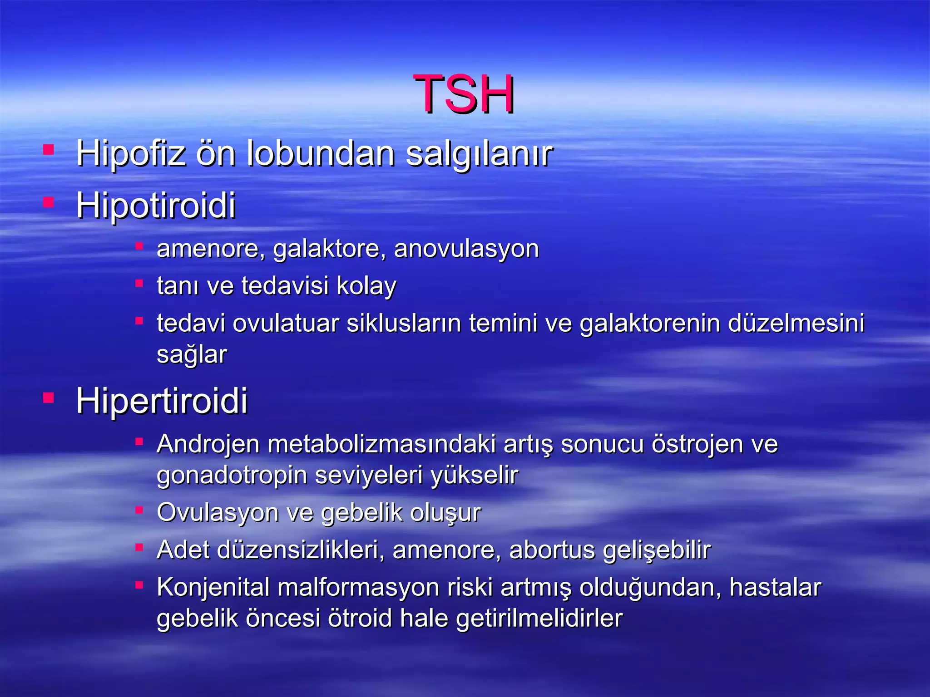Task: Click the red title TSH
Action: pos(464,94)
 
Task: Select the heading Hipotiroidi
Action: pos(156,205)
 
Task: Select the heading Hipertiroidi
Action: pos(162,401)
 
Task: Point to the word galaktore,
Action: pos(330,249)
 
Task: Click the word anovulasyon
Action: pos(466,249)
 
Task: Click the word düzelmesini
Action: pos(796,324)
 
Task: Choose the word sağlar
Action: pos(192,354)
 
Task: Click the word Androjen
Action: pos(208,444)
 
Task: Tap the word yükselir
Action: pos(474,476)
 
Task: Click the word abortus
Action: pos(552,550)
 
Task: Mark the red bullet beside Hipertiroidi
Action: pos(49,398)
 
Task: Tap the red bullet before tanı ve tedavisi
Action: pos(139,284)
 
